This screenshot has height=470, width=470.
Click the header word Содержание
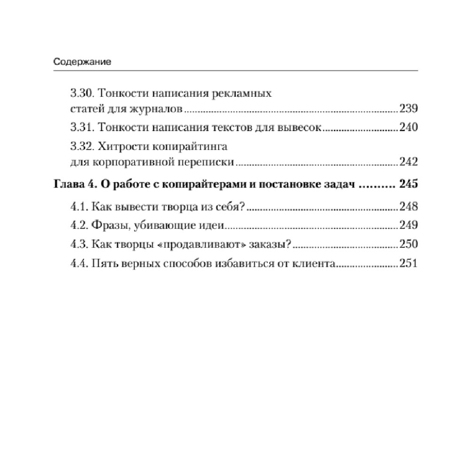(82, 62)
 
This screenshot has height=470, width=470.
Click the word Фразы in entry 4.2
(108, 226)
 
